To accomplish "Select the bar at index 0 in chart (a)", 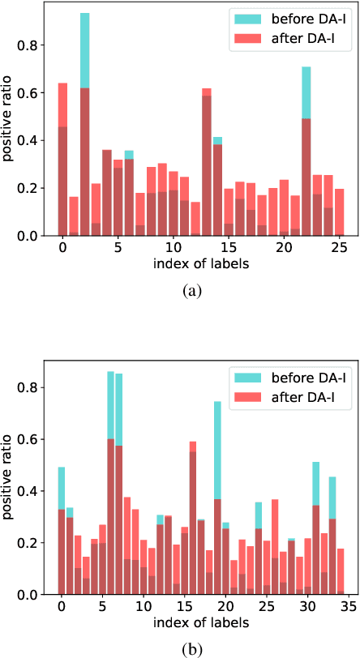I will tap(62, 162).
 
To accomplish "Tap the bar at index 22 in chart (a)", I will tap(306, 154).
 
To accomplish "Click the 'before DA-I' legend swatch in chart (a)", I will tap(241, 19).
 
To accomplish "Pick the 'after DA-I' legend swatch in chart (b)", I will tap(241, 395).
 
